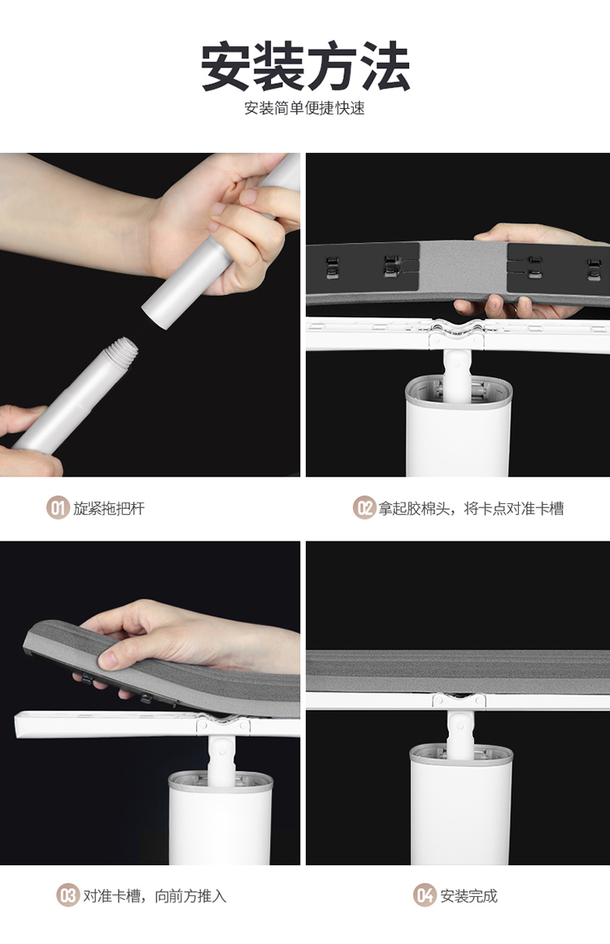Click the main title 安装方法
click(305, 66)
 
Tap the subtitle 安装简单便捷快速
click(305, 108)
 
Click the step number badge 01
click(58, 508)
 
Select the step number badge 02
click(364, 508)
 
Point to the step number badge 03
click(68, 895)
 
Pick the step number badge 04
click(425, 895)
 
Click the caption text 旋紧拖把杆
click(109, 509)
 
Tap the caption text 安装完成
click(469, 896)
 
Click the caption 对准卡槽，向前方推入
click(155, 896)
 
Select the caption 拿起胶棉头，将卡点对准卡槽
click(472, 509)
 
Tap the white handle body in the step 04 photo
click(461, 803)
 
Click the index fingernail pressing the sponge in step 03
click(107, 659)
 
